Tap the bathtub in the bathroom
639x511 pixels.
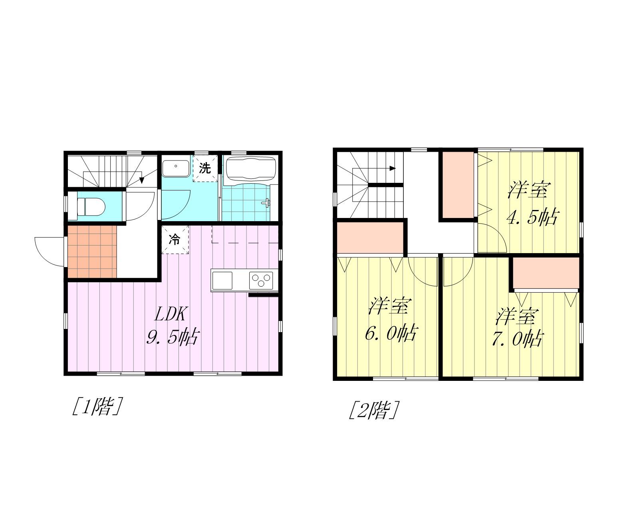[251, 168]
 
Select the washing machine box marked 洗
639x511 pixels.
[205, 168]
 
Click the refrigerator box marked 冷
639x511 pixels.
[175, 240]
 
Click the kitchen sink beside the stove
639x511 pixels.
[222, 280]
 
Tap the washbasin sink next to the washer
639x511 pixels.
[176, 168]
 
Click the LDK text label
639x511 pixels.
[171, 314]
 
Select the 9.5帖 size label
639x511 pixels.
[172, 337]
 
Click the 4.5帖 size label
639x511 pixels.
[533, 217]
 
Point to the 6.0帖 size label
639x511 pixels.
[392, 333]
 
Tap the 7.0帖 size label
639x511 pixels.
[518, 339]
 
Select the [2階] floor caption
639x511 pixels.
[373, 410]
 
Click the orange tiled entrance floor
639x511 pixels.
[92, 252]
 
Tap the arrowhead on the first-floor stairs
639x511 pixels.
[142, 180]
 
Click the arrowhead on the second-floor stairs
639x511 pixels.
[393, 168]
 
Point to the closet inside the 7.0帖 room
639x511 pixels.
[546, 273]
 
